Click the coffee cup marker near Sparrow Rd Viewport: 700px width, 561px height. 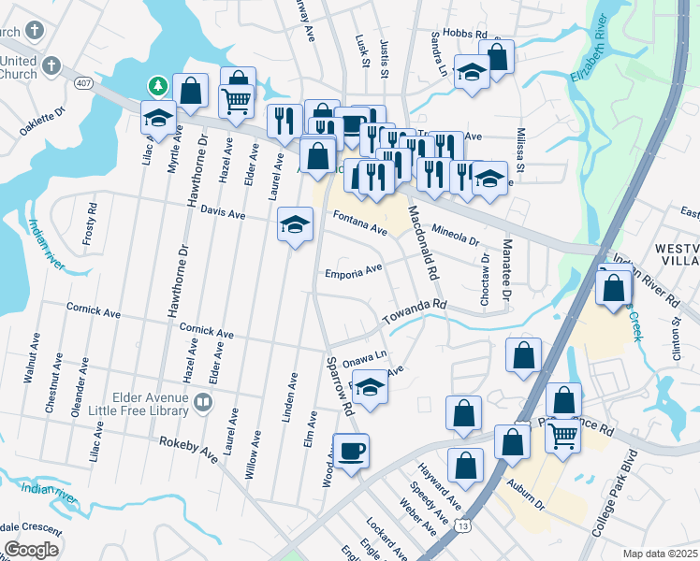tap(351, 453)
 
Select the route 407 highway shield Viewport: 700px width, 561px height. tap(82, 85)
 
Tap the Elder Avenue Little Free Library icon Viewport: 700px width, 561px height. tap(203, 403)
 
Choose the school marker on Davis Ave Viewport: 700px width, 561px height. tap(295, 225)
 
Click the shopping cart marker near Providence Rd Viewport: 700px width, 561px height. tap(562, 434)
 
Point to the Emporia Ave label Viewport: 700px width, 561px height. tap(353, 272)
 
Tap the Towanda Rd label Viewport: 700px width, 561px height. tap(415, 312)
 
